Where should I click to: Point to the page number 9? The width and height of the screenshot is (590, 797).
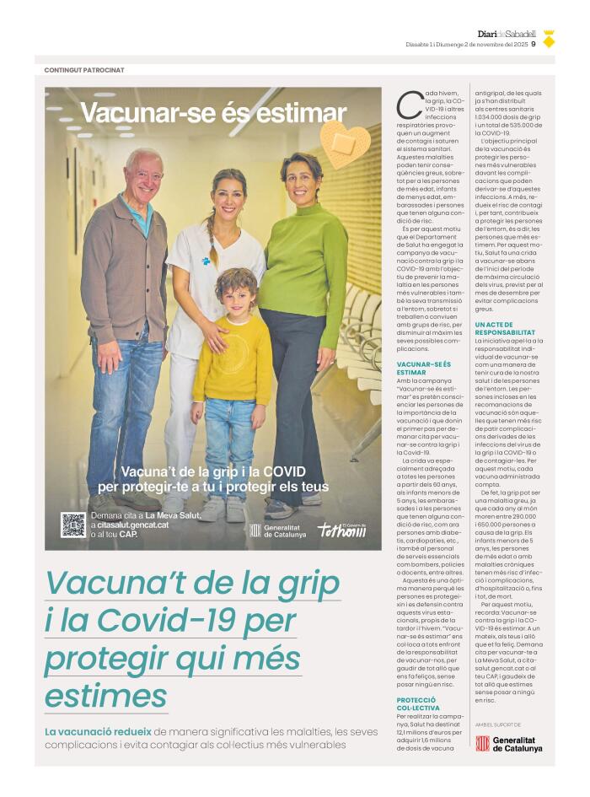click(x=534, y=46)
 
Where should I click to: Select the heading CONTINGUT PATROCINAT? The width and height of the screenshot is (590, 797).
click(x=84, y=70)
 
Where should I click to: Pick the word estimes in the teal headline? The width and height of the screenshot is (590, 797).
click(x=106, y=697)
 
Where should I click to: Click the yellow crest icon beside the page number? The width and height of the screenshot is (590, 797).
click(x=549, y=38)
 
